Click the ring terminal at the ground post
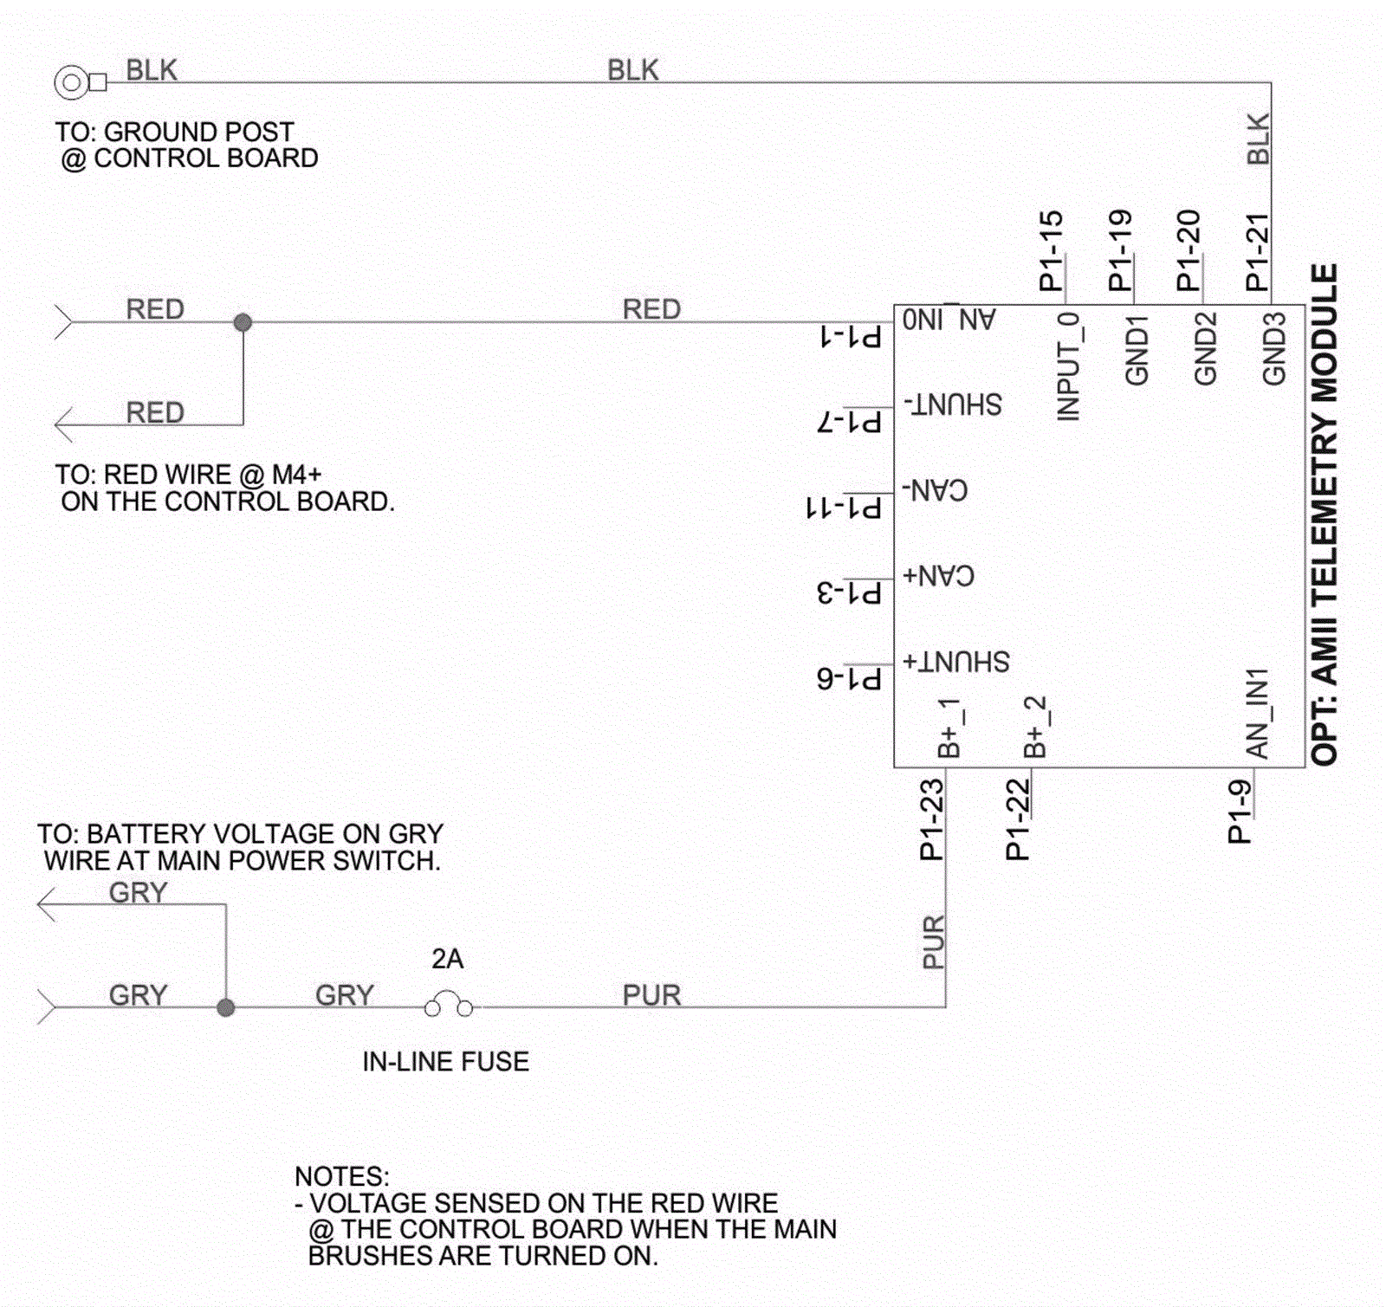(71, 83)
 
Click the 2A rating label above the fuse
(447, 959)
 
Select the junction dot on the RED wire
(243, 322)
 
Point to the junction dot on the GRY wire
(225, 1007)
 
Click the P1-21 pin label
(1257, 252)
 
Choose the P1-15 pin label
(1050, 250)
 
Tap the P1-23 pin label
(931, 819)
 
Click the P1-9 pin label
(1240, 812)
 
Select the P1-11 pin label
(844, 507)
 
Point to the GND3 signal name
(1273, 348)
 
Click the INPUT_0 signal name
(1069, 366)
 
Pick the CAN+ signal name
(938, 575)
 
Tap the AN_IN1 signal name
(1257, 713)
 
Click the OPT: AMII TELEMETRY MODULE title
(1324, 514)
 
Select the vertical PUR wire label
(933, 941)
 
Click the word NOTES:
(342, 1176)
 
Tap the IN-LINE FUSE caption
(445, 1061)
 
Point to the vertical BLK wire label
(1258, 139)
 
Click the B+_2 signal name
(1035, 727)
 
